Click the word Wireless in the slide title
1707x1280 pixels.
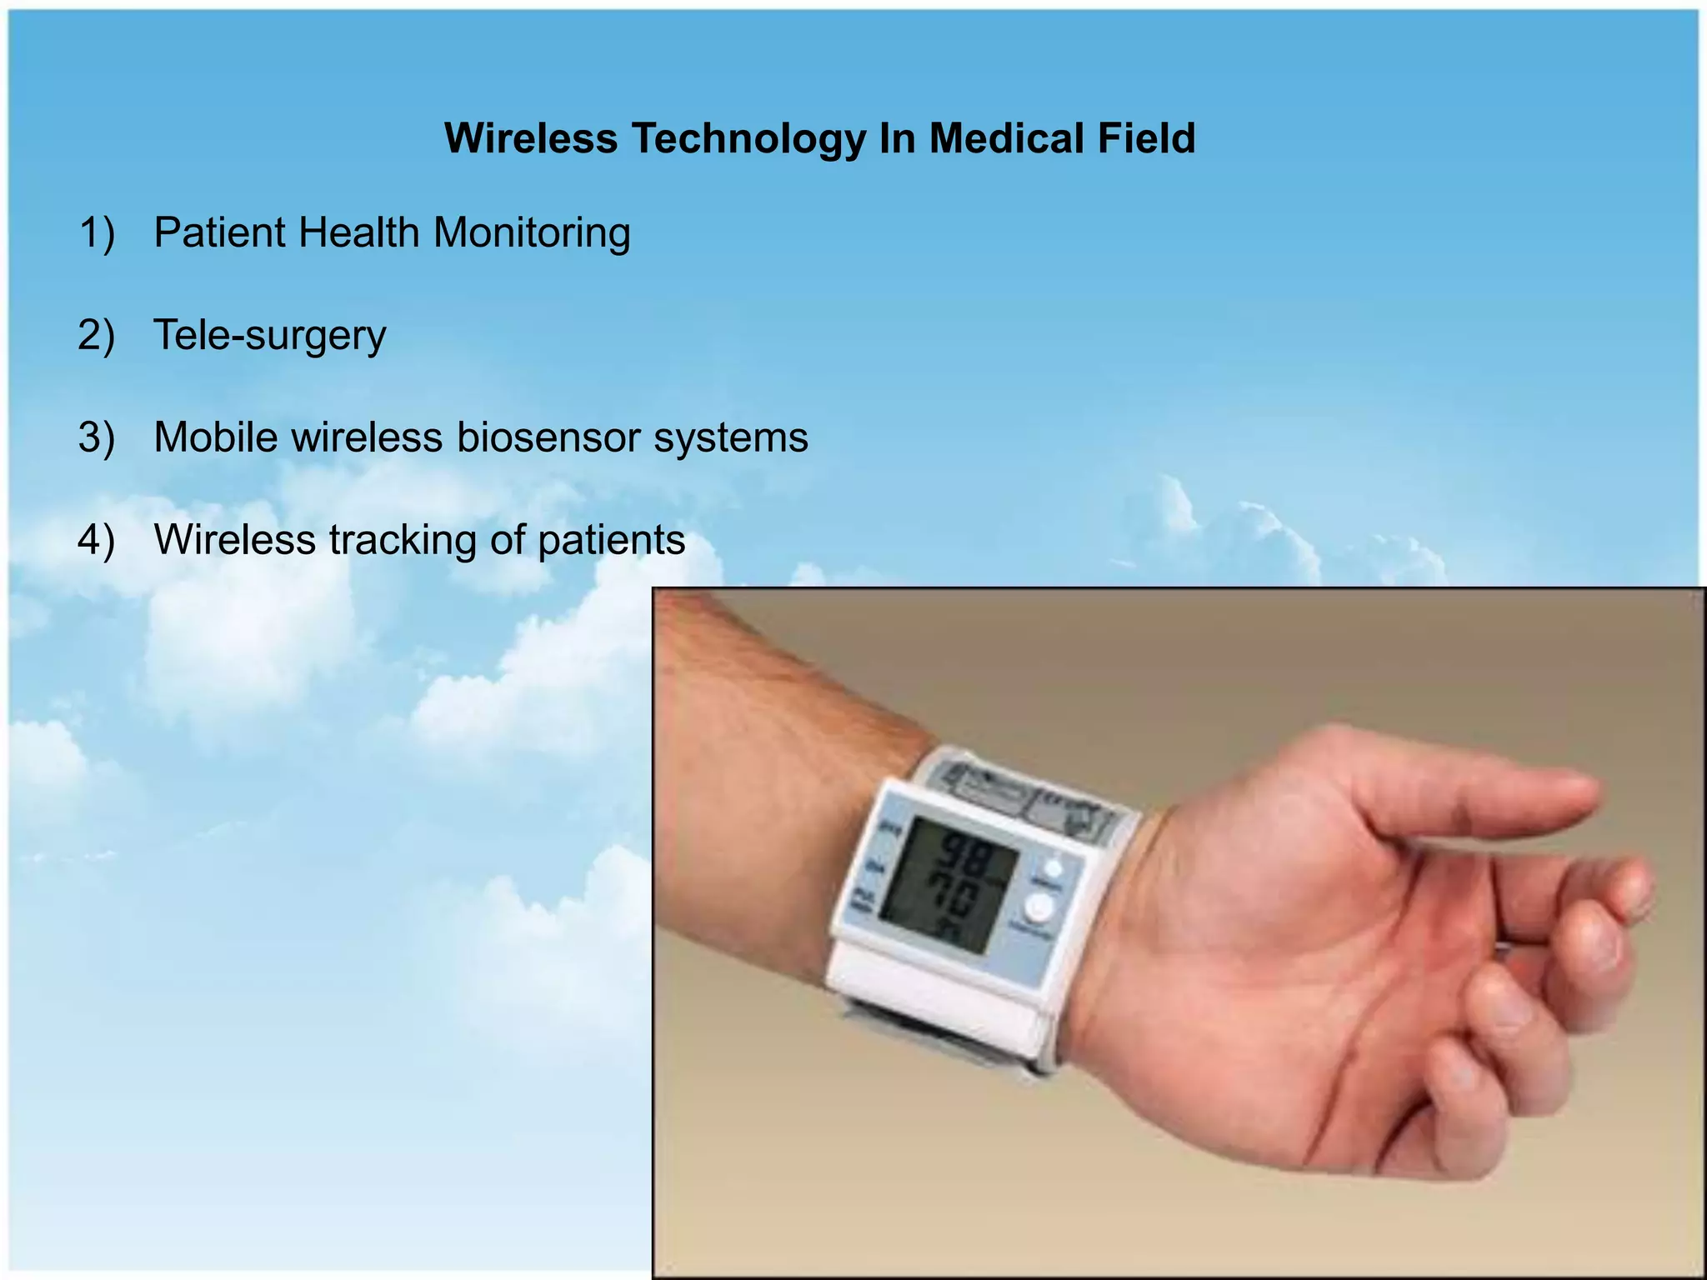click(x=531, y=138)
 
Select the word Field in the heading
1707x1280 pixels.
click(x=1146, y=138)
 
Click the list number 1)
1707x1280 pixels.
click(x=97, y=232)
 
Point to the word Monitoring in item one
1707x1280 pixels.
click(x=532, y=233)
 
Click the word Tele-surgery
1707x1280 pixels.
click(x=270, y=336)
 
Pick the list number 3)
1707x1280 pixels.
click(x=97, y=437)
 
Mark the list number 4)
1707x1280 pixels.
click(x=97, y=540)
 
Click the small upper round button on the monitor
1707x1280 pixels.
click(x=1053, y=868)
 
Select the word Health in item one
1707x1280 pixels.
click(x=359, y=232)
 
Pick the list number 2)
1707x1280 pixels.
click(x=97, y=335)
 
